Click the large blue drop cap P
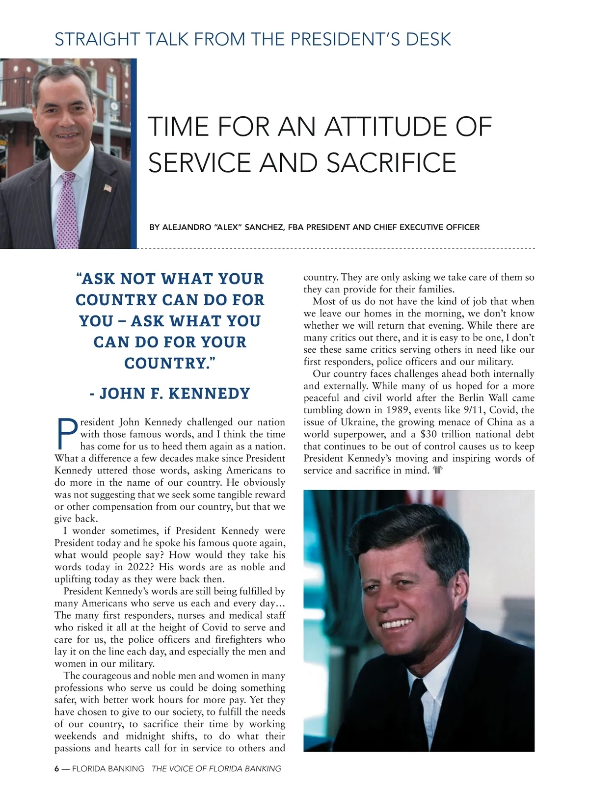[66, 434]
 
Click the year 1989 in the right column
[399, 410]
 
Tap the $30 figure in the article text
[430, 434]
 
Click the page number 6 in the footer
[56, 768]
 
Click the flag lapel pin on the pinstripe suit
[108, 187]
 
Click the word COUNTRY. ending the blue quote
[170, 363]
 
